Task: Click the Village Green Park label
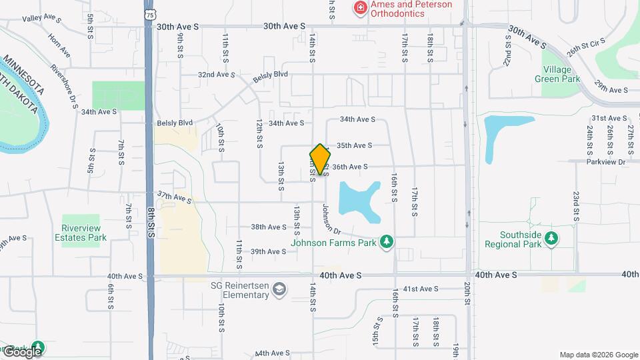click(557, 74)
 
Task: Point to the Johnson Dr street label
click(331, 219)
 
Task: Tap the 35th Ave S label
click(353, 145)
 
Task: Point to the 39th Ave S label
click(268, 251)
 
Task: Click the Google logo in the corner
click(22, 351)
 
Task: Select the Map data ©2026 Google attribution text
click(599, 355)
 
